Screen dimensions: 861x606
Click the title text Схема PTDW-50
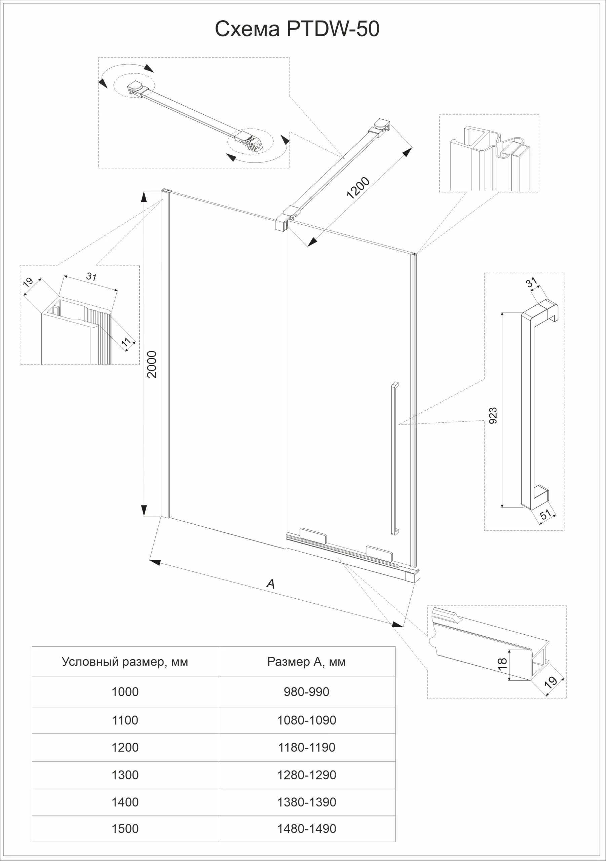click(297, 29)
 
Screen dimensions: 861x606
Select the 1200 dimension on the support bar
click(358, 187)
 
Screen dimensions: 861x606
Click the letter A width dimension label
click(270, 584)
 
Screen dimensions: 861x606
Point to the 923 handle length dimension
click(493, 415)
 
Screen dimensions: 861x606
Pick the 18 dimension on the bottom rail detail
click(502, 664)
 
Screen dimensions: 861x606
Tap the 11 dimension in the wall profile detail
click(126, 342)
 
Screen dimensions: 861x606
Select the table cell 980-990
click(306, 692)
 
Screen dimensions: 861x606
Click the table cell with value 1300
click(125, 775)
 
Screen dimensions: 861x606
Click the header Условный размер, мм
click(125, 662)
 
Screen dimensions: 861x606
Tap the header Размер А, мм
click(306, 662)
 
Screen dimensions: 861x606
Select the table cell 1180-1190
click(306, 747)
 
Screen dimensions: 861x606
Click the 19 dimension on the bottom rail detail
click(551, 682)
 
